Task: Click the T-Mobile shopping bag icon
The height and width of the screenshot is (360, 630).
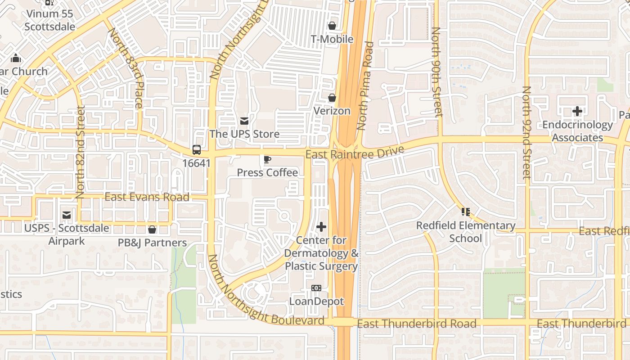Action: point(332,26)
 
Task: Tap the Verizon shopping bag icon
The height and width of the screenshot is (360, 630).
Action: point(332,98)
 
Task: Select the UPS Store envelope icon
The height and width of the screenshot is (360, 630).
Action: point(244,121)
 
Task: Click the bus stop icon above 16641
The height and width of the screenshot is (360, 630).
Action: point(197,150)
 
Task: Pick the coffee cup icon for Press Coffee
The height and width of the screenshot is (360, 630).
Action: point(267,159)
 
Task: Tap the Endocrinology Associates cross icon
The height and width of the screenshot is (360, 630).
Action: point(577,111)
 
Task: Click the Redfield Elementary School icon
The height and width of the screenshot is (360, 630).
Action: point(465,211)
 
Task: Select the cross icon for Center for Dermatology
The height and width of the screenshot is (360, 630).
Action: point(321,227)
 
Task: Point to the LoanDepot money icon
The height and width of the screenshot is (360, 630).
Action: point(316,288)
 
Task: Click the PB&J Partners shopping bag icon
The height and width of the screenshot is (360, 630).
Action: point(152,229)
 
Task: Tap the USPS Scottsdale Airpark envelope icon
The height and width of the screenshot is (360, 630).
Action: point(67,215)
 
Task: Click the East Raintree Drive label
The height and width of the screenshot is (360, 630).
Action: point(355,153)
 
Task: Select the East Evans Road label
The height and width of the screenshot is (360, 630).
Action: point(147,197)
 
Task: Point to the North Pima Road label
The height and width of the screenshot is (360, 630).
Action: point(365,85)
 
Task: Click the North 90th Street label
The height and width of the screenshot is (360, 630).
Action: point(436,72)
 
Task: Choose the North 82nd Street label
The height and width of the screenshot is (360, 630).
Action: point(81,152)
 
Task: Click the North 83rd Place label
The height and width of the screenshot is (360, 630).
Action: point(126,67)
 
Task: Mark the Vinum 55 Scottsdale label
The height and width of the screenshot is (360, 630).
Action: point(49,20)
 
